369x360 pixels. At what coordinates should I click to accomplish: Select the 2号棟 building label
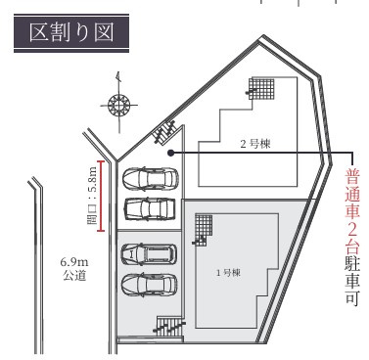[x=256, y=143]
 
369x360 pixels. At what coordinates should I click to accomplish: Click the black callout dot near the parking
[x=170, y=154]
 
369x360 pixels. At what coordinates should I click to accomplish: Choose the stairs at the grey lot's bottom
[x=169, y=329]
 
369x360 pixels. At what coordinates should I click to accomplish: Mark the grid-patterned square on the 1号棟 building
[x=202, y=228]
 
